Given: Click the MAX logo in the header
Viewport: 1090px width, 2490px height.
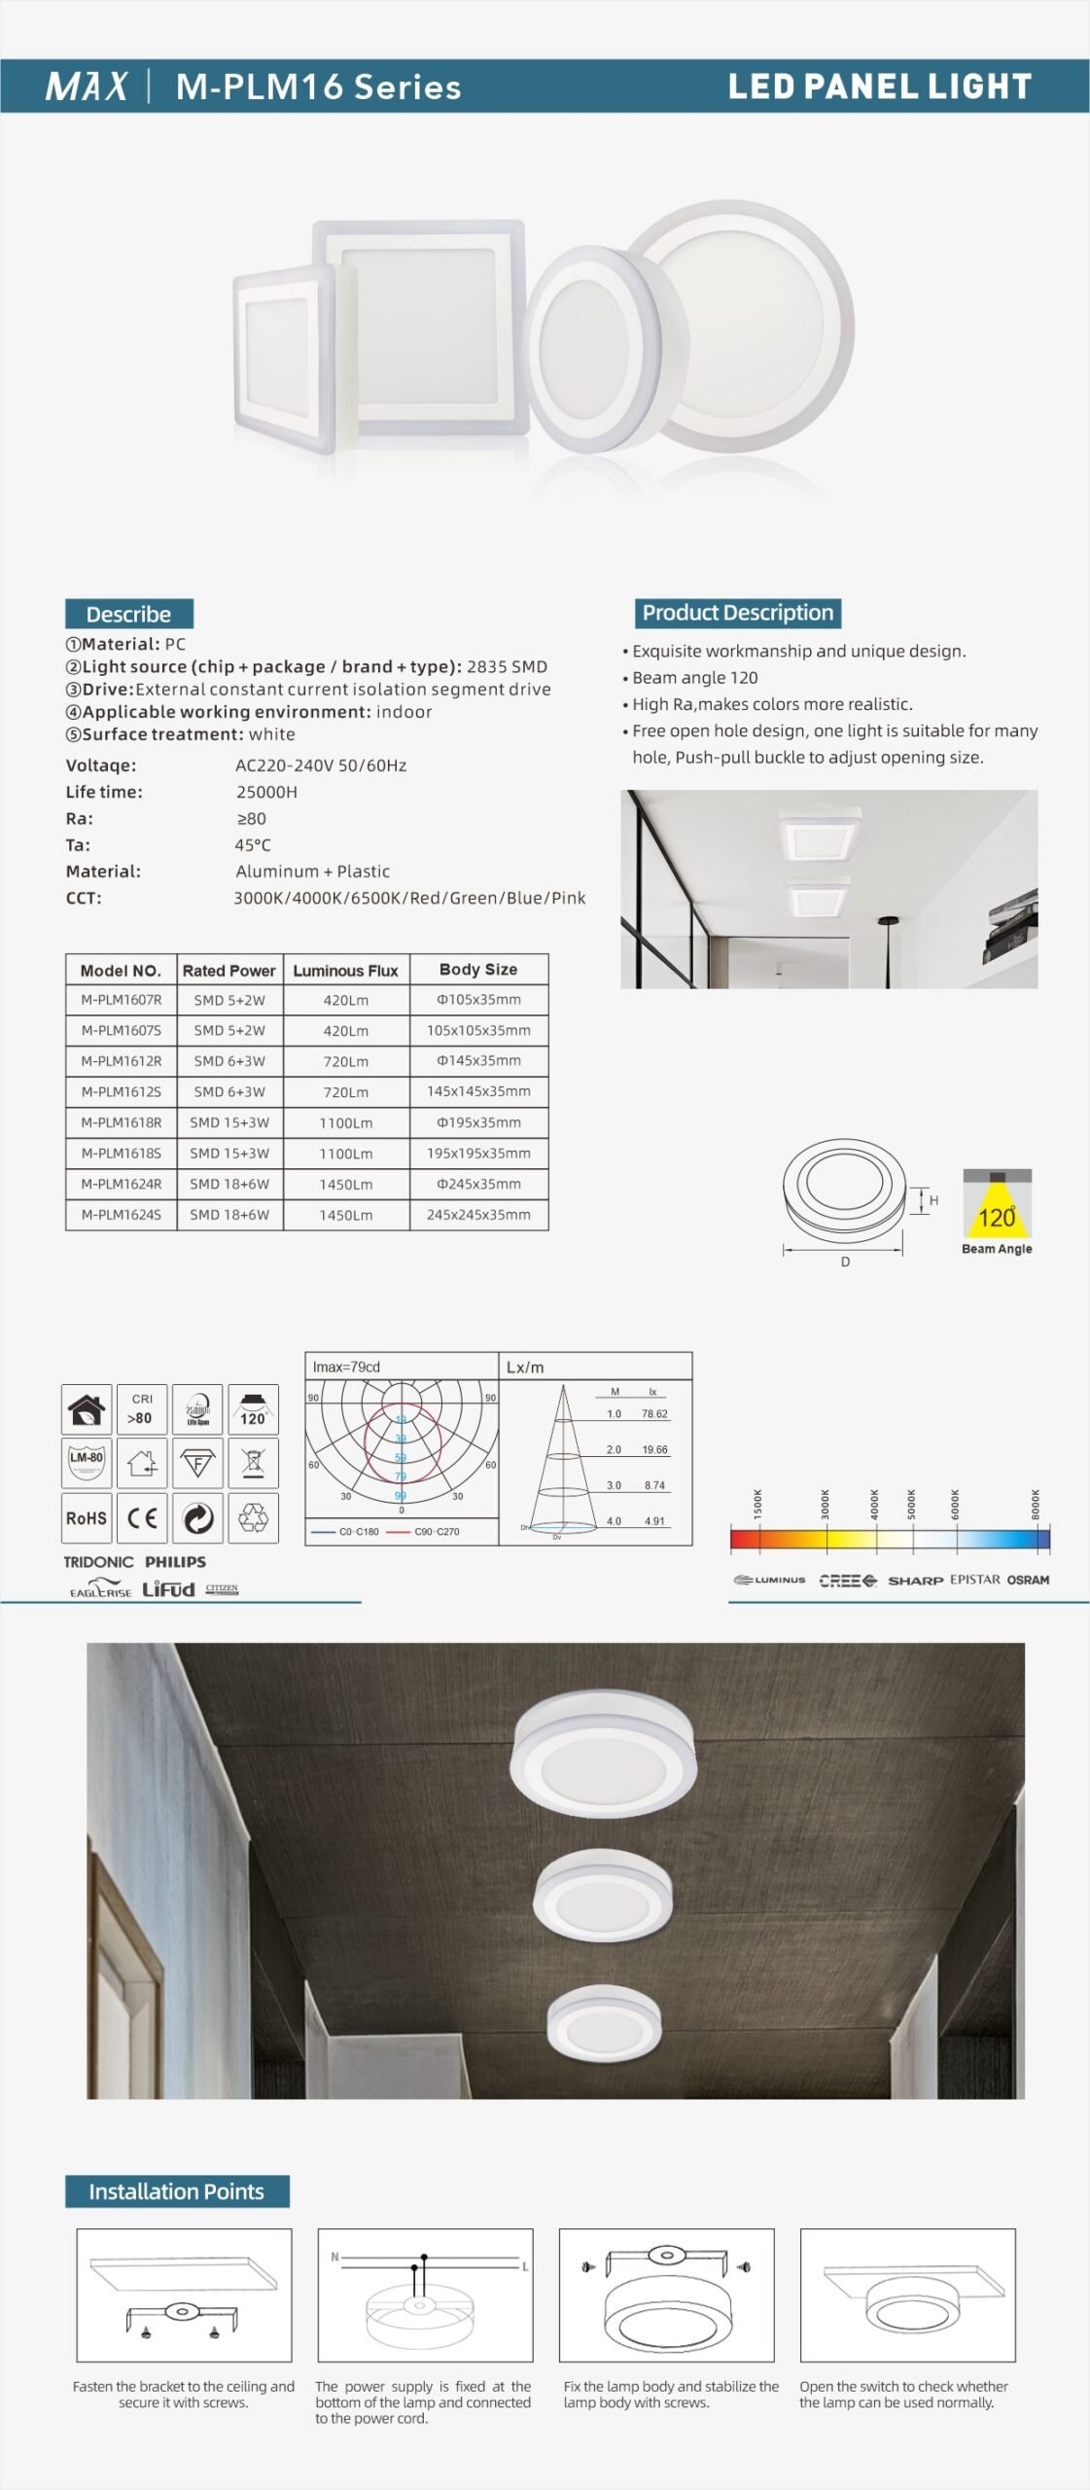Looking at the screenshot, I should [x=86, y=87].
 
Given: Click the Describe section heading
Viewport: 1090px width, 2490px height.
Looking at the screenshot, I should [x=128, y=614].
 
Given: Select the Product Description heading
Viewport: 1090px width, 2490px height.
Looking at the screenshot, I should [x=737, y=613].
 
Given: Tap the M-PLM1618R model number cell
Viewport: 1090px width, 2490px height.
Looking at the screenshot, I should [x=122, y=1122].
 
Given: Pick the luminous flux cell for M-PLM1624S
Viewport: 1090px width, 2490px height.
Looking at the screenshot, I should [x=346, y=1215].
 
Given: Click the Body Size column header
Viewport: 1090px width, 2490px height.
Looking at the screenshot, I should [x=478, y=970].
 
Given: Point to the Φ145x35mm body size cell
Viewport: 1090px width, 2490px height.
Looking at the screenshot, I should [x=478, y=1061].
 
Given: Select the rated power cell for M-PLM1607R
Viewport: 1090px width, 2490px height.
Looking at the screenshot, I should [x=229, y=1000].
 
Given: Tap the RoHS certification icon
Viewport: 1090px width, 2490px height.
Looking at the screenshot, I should [x=87, y=1518].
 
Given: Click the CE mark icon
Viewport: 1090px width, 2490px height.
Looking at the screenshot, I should [x=142, y=1518].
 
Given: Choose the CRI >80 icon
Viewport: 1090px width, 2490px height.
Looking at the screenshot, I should [x=142, y=1409].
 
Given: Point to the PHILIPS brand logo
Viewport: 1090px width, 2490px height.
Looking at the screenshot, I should [x=176, y=1562].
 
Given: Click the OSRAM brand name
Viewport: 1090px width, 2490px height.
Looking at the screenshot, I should [x=1028, y=1580].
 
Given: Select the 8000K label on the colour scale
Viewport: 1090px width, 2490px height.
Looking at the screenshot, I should [x=1036, y=1504].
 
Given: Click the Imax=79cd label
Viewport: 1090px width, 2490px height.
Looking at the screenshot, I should [x=346, y=1367].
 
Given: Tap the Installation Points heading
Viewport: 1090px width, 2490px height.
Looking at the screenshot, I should [x=176, y=2191].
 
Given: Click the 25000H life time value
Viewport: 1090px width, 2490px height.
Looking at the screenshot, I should [x=266, y=792].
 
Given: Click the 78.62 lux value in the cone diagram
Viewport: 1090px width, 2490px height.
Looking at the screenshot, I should [x=654, y=1414].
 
